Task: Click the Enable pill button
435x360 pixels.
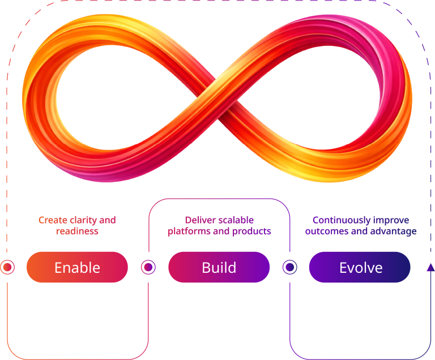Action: pyautogui.click(x=77, y=267)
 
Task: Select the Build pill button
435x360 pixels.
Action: pyautogui.click(x=219, y=267)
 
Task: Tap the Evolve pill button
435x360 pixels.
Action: pyautogui.click(x=360, y=267)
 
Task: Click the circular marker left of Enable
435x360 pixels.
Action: pyautogui.click(x=7, y=267)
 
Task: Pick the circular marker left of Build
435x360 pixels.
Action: pyautogui.click(x=148, y=267)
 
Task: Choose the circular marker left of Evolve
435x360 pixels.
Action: pyautogui.click(x=289, y=267)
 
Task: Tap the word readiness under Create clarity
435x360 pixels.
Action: pyautogui.click(x=77, y=231)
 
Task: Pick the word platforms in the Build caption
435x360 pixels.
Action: pyautogui.click(x=187, y=231)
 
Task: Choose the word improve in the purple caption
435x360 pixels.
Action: pyautogui.click(x=393, y=220)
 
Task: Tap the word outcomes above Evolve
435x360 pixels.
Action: pyautogui.click(x=327, y=231)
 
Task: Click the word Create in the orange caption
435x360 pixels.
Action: pyautogui.click(x=51, y=220)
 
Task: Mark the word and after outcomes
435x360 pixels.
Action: pyautogui.click(x=358, y=231)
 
